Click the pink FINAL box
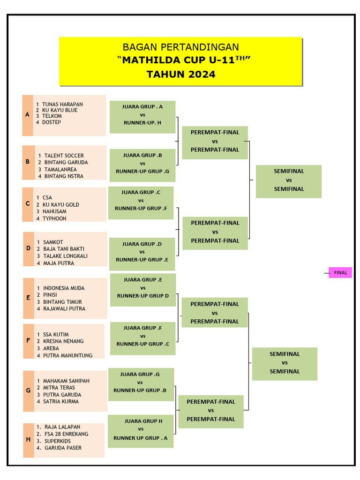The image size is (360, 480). click(x=340, y=273)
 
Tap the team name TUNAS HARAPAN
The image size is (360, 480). click(x=62, y=104)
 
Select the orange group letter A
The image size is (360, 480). click(x=28, y=115)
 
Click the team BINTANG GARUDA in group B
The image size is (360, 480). click(x=66, y=162)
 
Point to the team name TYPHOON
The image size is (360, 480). click(x=54, y=218)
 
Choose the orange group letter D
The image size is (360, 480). click(x=28, y=248)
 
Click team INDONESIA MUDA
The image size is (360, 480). click(x=64, y=288)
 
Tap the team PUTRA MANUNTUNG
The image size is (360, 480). click(x=67, y=355)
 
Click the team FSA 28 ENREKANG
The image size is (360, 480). click(x=66, y=434)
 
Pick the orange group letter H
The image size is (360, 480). click(x=28, y=440)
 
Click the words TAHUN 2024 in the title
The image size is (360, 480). click(x=181, y=75)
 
